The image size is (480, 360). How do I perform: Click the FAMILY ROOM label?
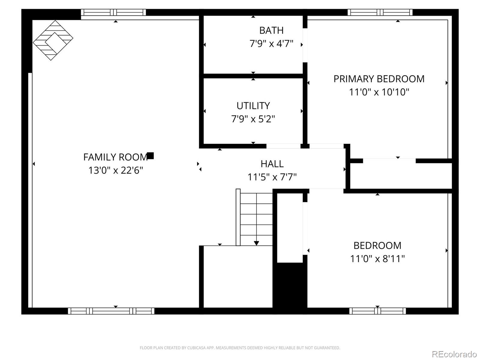tap(115, 157)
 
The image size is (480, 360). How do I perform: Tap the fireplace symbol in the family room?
tap(53, 40)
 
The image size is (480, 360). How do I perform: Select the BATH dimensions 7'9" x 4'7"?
tap(271, 44)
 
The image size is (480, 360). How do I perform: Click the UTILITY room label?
tap(253, 106)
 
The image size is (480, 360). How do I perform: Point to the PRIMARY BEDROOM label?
tap(379, 79)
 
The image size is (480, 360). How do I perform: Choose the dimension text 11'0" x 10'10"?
tap(379, 92)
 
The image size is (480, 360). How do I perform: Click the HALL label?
tap(272, 164)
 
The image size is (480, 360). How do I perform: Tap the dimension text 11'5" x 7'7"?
tap(272, 177)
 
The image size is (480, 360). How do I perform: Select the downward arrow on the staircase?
tap(256, 242)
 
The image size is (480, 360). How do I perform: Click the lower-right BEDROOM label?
tap(377, 245)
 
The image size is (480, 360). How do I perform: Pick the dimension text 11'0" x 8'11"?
tap(377, 258)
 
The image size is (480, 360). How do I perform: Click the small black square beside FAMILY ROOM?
tap(150, 156)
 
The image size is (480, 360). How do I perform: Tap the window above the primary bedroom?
tap(380, 12)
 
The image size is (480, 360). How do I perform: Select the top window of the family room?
tap(113, 12)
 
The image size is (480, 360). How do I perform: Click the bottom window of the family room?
tap(111, 311)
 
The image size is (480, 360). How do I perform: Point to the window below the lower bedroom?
tap(377, 311)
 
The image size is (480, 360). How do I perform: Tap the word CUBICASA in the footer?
tap(196, 348)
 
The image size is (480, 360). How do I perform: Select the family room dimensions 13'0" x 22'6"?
tap(115, 170)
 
